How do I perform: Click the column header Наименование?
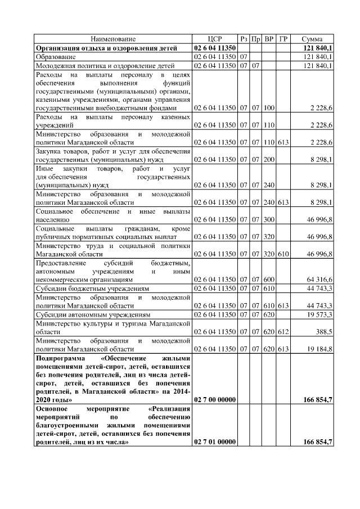tap(113, 39)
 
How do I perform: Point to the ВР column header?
tap(269, 39)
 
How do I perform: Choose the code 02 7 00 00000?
tap(215, 399)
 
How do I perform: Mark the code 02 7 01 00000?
tap(215, 443)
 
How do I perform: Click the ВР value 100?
tap(269, 107)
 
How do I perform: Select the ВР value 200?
tap(269, 160)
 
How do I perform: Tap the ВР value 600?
tap(269, 279)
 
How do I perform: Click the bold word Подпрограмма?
tap(62, 358)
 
